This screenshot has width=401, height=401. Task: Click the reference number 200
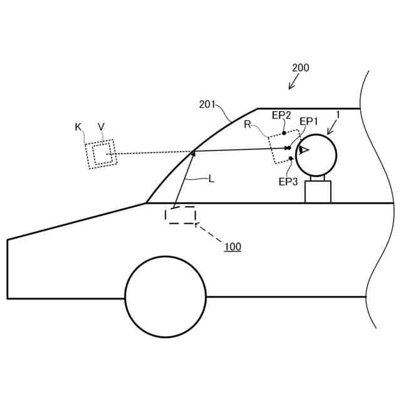click(300, 68)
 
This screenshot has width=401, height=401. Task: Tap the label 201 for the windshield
click(207, 105)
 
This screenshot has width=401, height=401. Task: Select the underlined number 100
click(232, 247)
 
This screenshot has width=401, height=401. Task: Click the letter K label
click(78, 127)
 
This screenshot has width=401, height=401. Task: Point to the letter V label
click(101, 127)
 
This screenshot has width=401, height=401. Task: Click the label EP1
click(308, 121)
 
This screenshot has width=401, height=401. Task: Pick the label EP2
click(281, 115)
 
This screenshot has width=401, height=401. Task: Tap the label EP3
click(288, 182)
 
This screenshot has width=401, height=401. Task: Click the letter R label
click(247, 125)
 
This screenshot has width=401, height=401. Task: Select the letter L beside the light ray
click(211, 179)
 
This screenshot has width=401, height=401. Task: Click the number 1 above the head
click(338, 115)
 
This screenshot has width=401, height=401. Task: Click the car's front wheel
click(165, 296)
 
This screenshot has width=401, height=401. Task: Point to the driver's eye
click(303, 150)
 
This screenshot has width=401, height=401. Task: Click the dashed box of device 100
click(180, 215)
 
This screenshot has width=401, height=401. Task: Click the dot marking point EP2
click(284, 133)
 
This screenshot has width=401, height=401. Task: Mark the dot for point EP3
click(291, 159)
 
